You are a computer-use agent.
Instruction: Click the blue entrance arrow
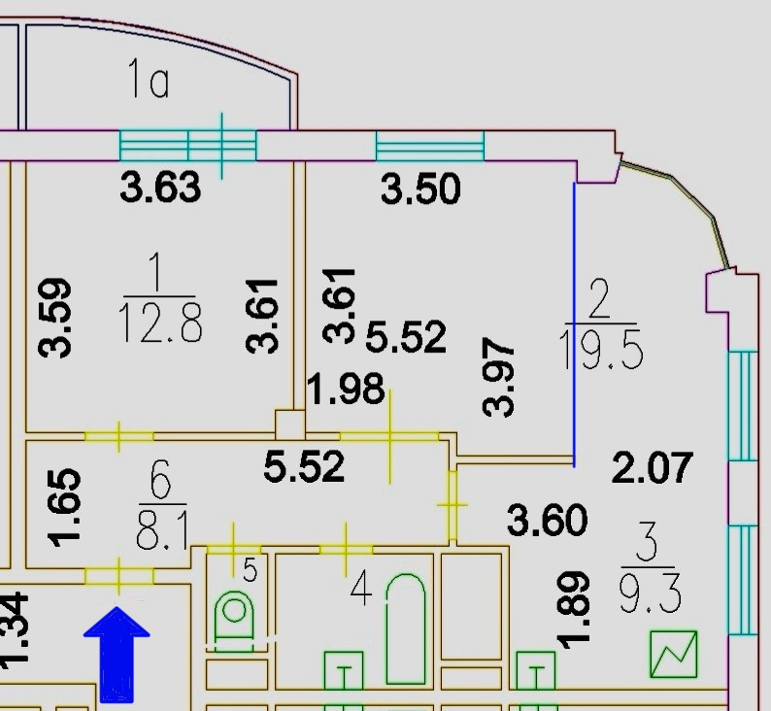117,653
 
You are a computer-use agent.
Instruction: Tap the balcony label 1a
149,82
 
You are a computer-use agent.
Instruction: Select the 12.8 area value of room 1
160,323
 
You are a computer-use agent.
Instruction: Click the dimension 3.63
161,186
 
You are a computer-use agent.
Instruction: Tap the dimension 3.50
420,188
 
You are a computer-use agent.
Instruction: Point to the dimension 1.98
346,389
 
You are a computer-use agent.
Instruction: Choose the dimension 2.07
653,469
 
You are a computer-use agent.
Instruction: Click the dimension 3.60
548,521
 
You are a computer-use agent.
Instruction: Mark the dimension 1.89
574,609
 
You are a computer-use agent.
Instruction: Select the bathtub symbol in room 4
406,626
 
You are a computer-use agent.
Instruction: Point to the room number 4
360,589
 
